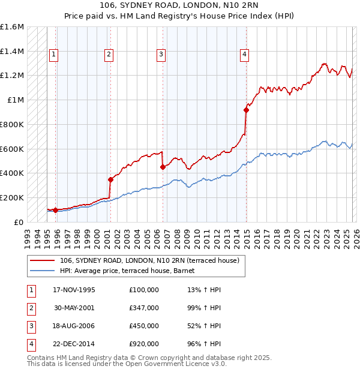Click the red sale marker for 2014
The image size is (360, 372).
pyautogui.click(x=246, y=110)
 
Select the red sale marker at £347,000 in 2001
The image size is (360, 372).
pyautogui.click(x=110, y=179)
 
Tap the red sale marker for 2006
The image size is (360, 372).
pyautogui.click(x=163, y=167)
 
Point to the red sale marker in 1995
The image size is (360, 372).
pyautogui.click(x=55, y=210)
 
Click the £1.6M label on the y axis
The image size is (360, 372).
pyautogui.click(x=12, y=27)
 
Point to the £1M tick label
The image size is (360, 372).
pyautogui.click(x=16, y=100)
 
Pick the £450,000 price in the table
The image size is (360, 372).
pyautogui.click(x=143, y=326)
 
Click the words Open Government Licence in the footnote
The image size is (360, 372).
pyautogui.click(x=173, y=364)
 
